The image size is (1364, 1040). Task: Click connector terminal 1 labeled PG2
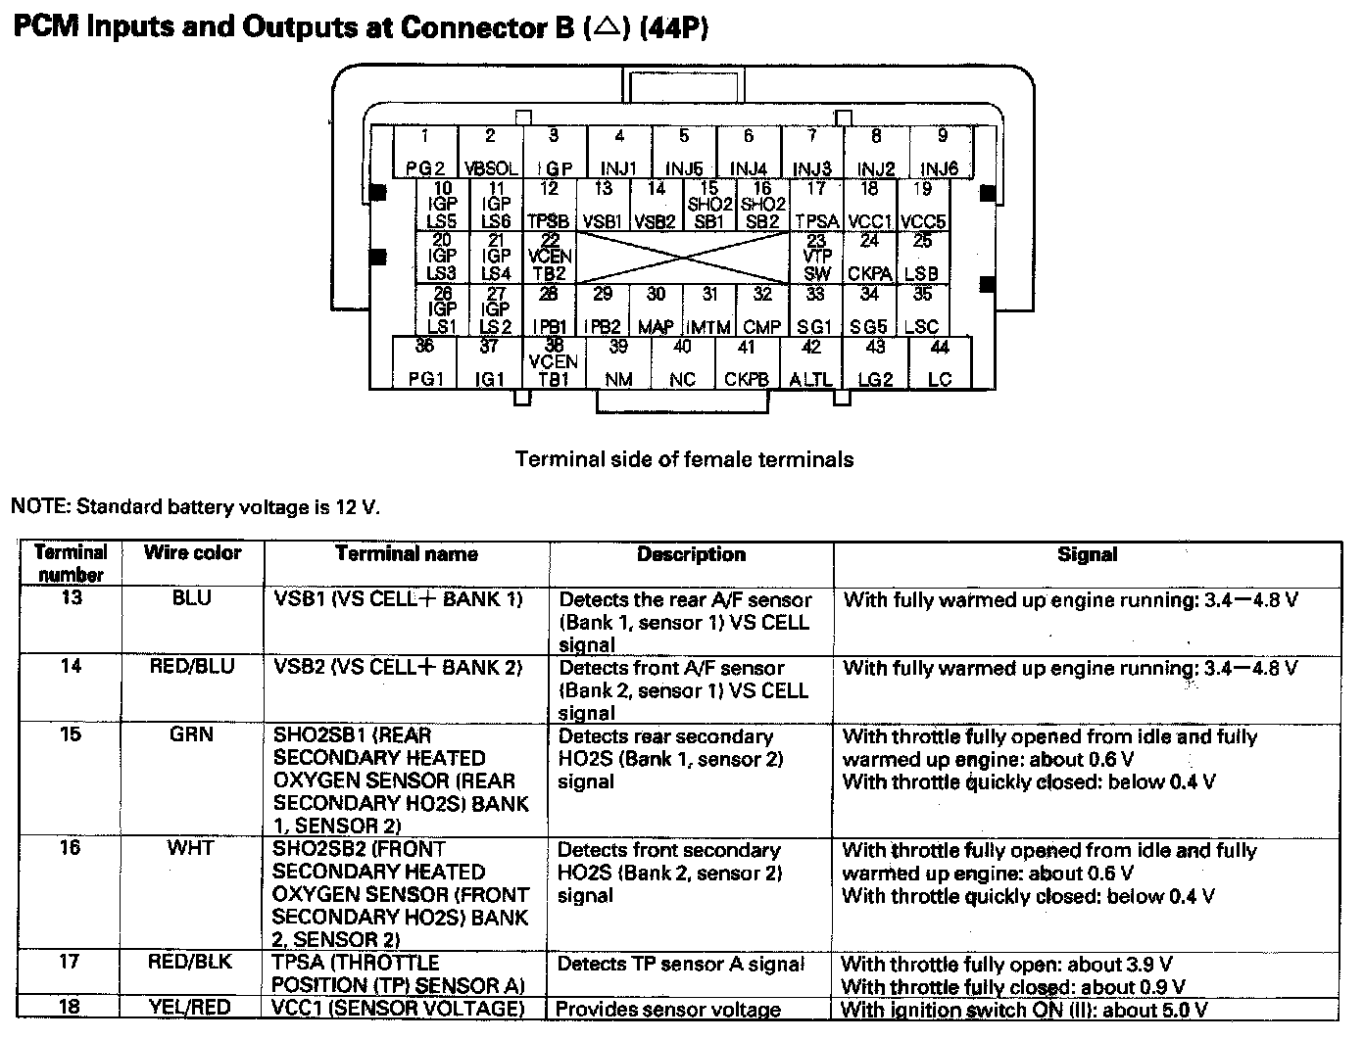pos(425,153)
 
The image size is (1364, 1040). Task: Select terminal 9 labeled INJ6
pos(941,153)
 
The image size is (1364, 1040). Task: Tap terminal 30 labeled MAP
pos(656,310)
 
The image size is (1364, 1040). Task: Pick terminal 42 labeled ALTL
pos(811,362)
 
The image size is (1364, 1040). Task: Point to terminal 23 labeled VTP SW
pos(816,257)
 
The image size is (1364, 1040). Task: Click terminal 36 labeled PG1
pos(425,362)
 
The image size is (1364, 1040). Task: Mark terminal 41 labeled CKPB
pos(747,362)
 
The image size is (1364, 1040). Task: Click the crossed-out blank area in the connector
pos(684,257)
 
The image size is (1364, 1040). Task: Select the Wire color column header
pos(192,553)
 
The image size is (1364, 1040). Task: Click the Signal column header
pos(1087,554)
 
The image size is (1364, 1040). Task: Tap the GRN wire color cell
pos(191,734)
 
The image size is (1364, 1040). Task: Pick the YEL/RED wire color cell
pos(191,1007)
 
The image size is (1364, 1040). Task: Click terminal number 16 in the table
pos(71,848)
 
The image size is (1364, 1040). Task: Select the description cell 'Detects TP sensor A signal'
pos(680,964)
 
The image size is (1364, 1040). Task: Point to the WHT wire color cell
pos(190,848)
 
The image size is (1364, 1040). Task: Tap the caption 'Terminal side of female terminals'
pos(684,459)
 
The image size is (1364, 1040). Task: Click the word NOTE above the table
pos(38,507)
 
